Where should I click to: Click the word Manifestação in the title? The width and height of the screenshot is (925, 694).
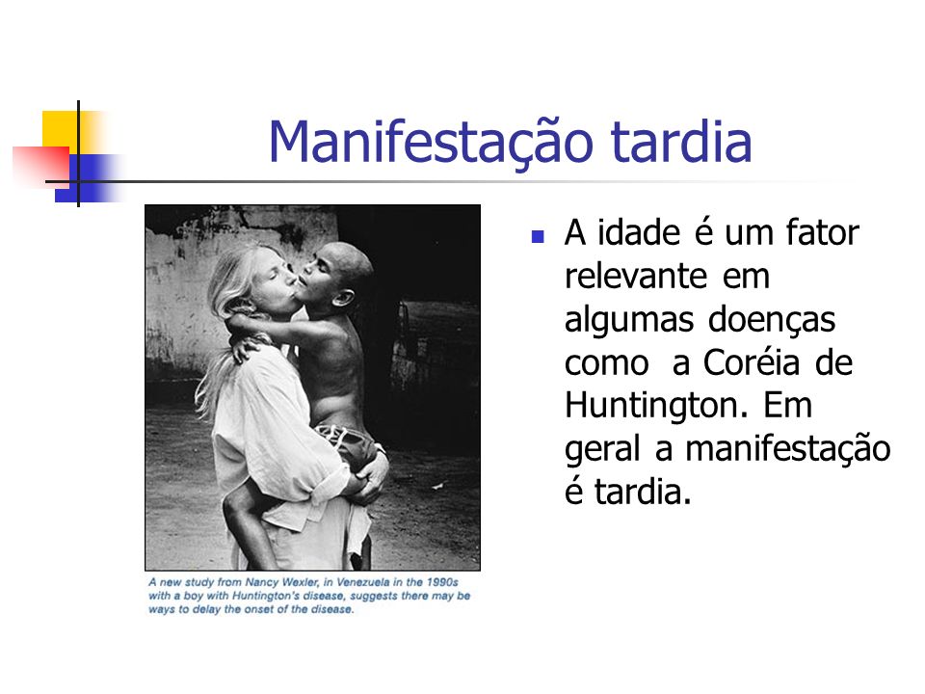[431, 142]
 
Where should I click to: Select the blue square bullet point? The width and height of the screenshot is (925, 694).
[538, 237]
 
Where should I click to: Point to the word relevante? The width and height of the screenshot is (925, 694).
[635, 276]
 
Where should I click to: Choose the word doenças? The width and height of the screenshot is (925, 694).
[771, 321]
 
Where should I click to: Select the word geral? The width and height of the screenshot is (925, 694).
[601, 450]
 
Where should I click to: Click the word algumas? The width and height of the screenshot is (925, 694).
[629, 321]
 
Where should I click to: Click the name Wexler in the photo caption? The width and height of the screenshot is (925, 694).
[299, 582]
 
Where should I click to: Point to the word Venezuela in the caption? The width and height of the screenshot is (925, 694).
[360, 582]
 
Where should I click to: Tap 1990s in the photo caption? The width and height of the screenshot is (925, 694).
[442, 582]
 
